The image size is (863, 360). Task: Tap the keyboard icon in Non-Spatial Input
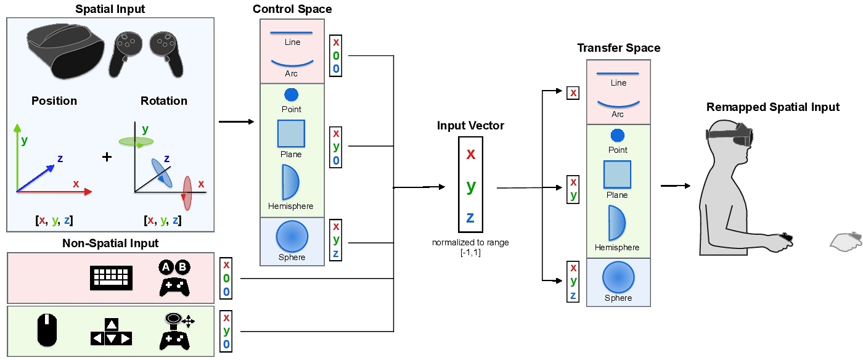point(112,278)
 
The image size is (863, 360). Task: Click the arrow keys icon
point(111,332)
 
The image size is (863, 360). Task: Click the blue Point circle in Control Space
point(291,94)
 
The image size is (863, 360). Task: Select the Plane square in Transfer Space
point(616,174)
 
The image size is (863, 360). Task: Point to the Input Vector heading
point(470,126)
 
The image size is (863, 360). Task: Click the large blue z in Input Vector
point(470,217)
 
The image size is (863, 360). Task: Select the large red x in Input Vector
point(470,153)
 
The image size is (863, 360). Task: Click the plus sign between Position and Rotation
point(107,157)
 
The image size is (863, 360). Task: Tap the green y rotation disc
point(136,142)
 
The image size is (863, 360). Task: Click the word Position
point(54,101)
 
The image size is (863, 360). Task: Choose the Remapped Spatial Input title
point(772,107)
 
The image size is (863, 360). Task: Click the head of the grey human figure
point(727,139)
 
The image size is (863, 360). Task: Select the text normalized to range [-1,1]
point(470,247)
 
